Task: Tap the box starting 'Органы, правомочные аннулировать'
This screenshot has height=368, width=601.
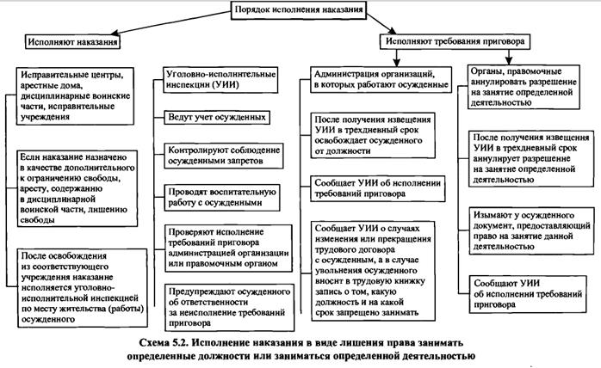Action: click(x=527, y=87)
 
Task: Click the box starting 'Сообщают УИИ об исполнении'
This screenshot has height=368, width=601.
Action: click(x=529, y=286)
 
